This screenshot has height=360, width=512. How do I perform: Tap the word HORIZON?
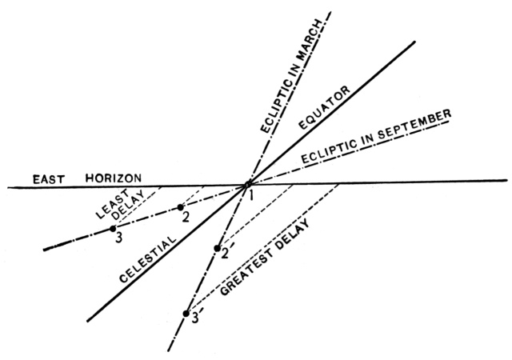point(116,177)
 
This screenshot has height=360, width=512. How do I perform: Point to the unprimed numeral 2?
point(185,218)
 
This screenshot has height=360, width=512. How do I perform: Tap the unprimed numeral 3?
point(117,238)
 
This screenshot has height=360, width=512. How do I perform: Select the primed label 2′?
point(227,254)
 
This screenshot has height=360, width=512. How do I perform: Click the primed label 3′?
point(196,320)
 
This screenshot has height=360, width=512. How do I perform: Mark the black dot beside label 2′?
point(217,248)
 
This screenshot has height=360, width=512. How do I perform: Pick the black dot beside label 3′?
point(186,313)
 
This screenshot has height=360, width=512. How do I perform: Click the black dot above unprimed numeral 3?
point(114,229)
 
